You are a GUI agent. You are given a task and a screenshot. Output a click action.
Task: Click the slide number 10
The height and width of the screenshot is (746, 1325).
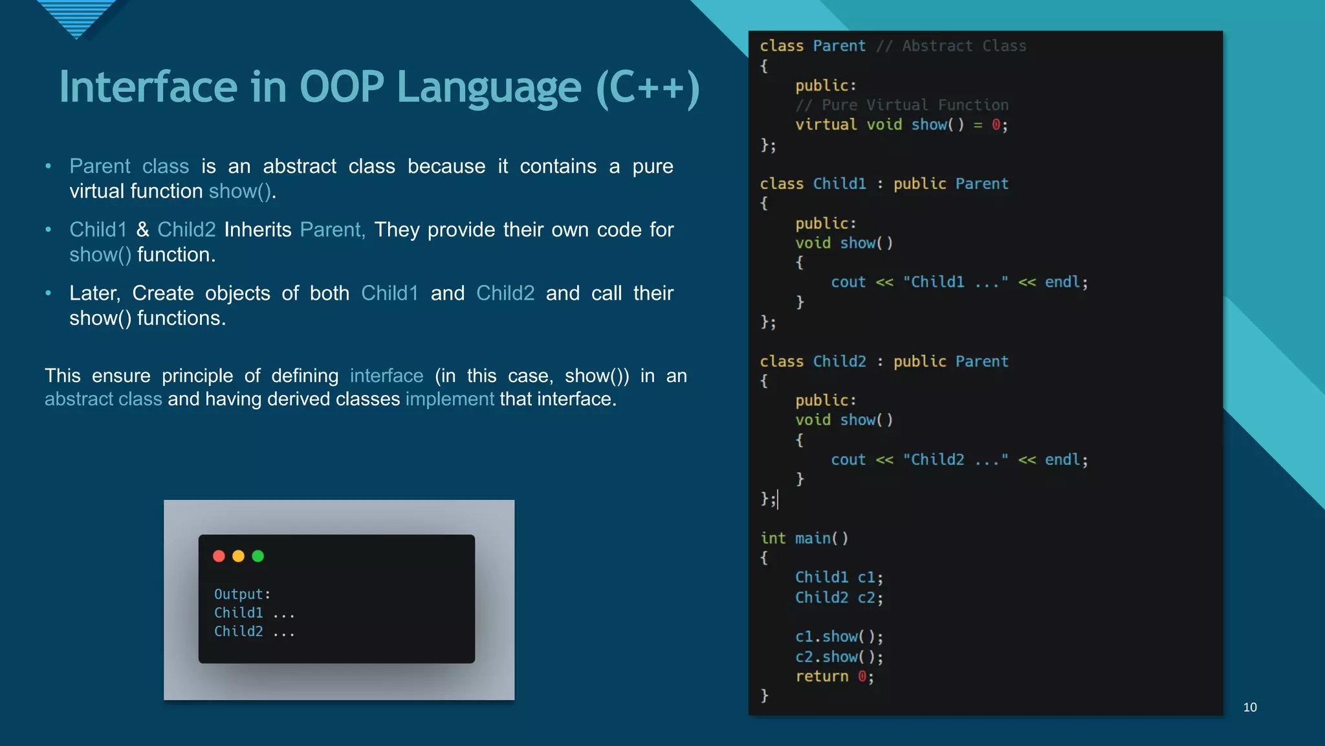[x=1250, y=707]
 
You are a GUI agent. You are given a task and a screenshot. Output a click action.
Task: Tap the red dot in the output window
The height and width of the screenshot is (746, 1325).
[x=219, y=556]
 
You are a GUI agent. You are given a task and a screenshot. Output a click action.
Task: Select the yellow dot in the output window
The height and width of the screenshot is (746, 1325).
[x=238, y=556]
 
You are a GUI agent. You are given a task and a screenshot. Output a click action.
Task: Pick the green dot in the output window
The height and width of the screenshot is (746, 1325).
[x=257, y=556]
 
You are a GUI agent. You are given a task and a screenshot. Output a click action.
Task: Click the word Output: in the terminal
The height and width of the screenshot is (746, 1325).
[x=242, y=594]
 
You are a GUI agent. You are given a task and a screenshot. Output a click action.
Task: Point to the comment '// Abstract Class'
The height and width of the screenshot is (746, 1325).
[x=951, y=46]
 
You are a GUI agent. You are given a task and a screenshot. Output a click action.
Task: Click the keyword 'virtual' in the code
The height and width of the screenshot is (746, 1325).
[x=826, y=124]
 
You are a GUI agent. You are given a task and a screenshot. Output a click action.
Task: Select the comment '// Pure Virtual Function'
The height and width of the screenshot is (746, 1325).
[x=902, y=105]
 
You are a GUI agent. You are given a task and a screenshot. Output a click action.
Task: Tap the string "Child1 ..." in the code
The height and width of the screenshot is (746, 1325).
[x=955, y=282]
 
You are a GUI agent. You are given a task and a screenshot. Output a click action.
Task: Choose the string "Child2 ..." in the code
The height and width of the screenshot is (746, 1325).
[x=955, y=460]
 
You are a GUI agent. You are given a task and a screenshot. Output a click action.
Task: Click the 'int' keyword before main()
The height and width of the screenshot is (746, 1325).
[x=772, y=538]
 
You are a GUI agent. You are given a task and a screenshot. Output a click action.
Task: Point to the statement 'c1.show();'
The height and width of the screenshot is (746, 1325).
[x=838, y=637]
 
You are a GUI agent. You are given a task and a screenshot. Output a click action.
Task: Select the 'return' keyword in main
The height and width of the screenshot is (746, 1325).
[x=822, y=677]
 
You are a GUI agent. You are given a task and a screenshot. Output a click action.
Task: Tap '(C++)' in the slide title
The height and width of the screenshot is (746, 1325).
[x=647, y=88]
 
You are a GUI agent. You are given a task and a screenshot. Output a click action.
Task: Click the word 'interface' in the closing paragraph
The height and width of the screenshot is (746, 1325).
[x=386, y=376]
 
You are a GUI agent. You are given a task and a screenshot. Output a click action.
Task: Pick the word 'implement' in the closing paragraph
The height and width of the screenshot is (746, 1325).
[x=450, y=399]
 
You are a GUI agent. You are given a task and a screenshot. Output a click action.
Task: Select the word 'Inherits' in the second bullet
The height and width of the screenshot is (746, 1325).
[x=257, y=230]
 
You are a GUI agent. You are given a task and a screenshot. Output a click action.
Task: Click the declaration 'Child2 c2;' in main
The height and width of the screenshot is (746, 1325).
[x=838, y=598]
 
